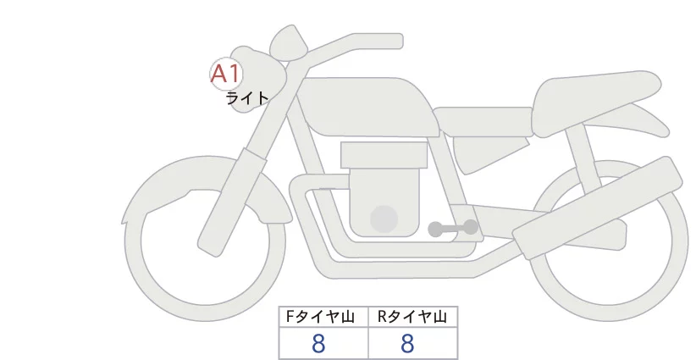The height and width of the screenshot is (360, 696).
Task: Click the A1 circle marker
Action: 226,75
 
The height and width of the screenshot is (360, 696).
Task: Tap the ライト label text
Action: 247,98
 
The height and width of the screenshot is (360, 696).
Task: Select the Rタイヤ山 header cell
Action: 413,317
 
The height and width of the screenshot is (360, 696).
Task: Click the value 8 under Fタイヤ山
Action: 318,344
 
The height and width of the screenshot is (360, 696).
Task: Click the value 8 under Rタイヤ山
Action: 407,344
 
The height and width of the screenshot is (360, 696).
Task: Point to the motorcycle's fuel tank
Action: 368,107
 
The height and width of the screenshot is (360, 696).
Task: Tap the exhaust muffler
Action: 598,208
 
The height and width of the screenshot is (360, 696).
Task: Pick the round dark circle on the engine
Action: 384,219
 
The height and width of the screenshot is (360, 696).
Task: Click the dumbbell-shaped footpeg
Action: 453,228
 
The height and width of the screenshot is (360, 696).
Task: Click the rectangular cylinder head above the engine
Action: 384,155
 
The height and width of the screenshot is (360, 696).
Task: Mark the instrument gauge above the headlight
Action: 289,42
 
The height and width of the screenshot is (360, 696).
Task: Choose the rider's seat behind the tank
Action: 483,122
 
